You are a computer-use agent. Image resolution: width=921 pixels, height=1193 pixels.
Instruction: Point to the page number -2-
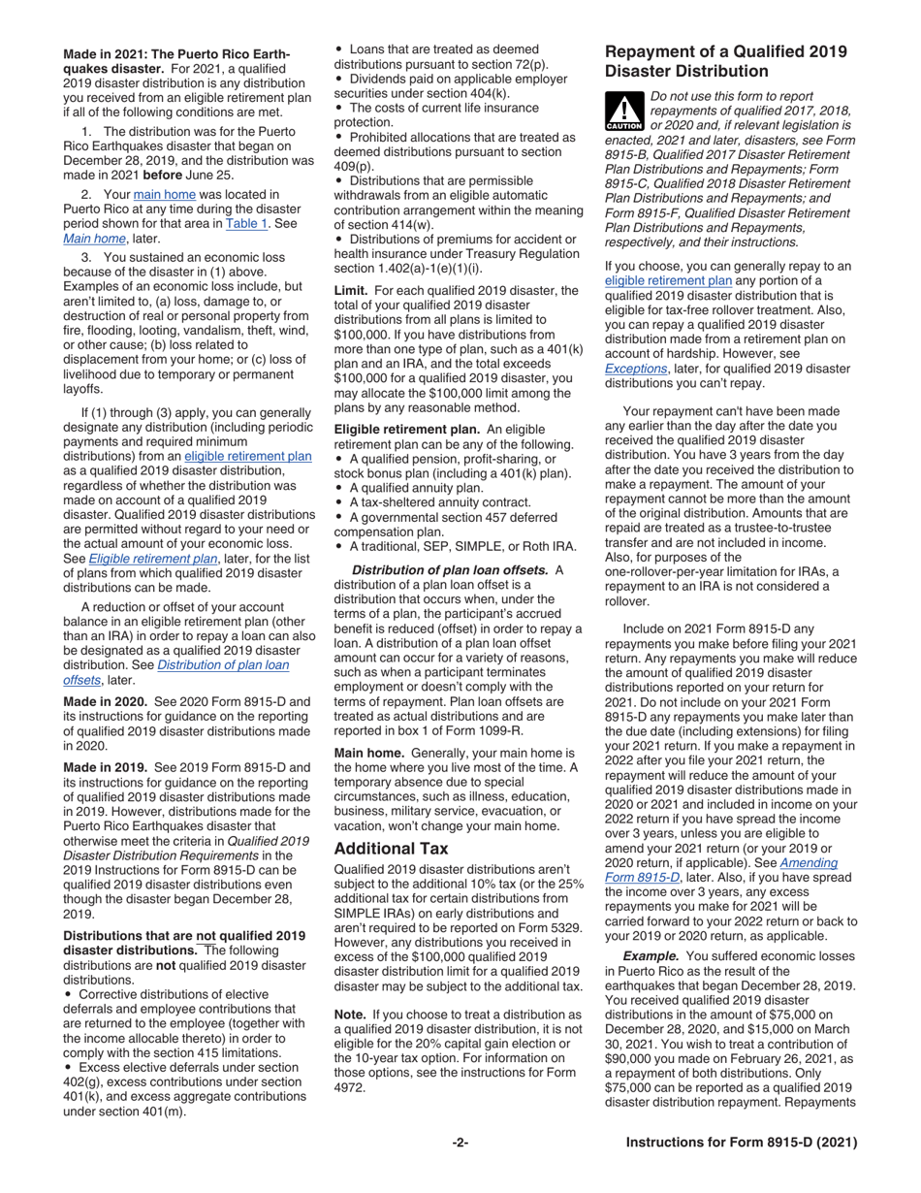pyautogui.click(x=460, y=1143)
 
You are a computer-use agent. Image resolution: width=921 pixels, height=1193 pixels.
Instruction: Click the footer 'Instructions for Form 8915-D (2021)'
pyautogui.click(x=742, y=1143)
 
